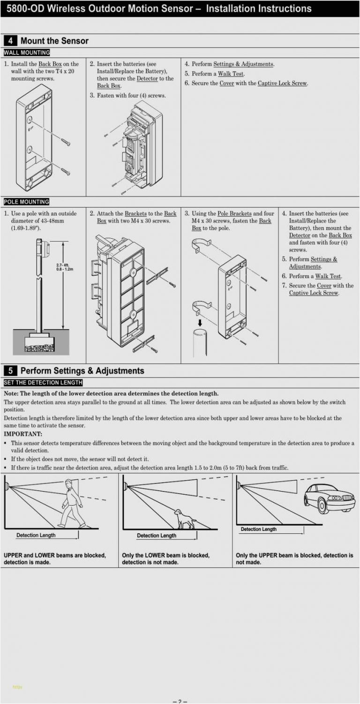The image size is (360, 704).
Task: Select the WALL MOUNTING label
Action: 27,53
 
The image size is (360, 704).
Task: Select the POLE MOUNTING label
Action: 27,202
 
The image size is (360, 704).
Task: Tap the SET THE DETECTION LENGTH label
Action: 43,383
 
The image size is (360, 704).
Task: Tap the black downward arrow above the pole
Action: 200,322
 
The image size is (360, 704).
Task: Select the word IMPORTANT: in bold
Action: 23,434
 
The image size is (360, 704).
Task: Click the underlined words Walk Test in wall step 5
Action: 231,74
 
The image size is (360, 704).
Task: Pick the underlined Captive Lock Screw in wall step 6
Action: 282,83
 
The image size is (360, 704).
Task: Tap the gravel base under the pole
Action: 39,348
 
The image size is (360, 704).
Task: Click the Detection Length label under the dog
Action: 157,536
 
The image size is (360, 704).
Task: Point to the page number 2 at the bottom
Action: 180,701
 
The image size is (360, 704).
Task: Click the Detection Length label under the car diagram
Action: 259,529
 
